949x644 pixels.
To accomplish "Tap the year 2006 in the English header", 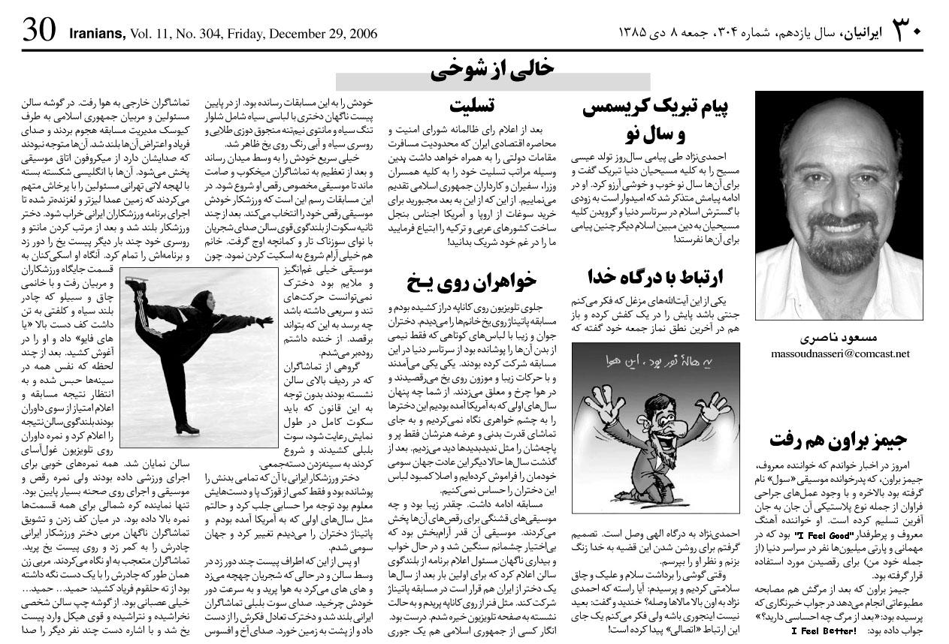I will point(360,34).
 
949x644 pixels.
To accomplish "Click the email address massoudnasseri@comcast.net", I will point(839,353).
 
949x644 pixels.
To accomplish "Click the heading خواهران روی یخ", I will point(472,281).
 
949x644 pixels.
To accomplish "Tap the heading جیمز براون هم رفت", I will point(839,439).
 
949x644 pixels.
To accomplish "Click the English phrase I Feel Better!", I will point(824,630).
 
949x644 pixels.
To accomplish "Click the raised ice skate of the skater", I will point(135,284).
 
